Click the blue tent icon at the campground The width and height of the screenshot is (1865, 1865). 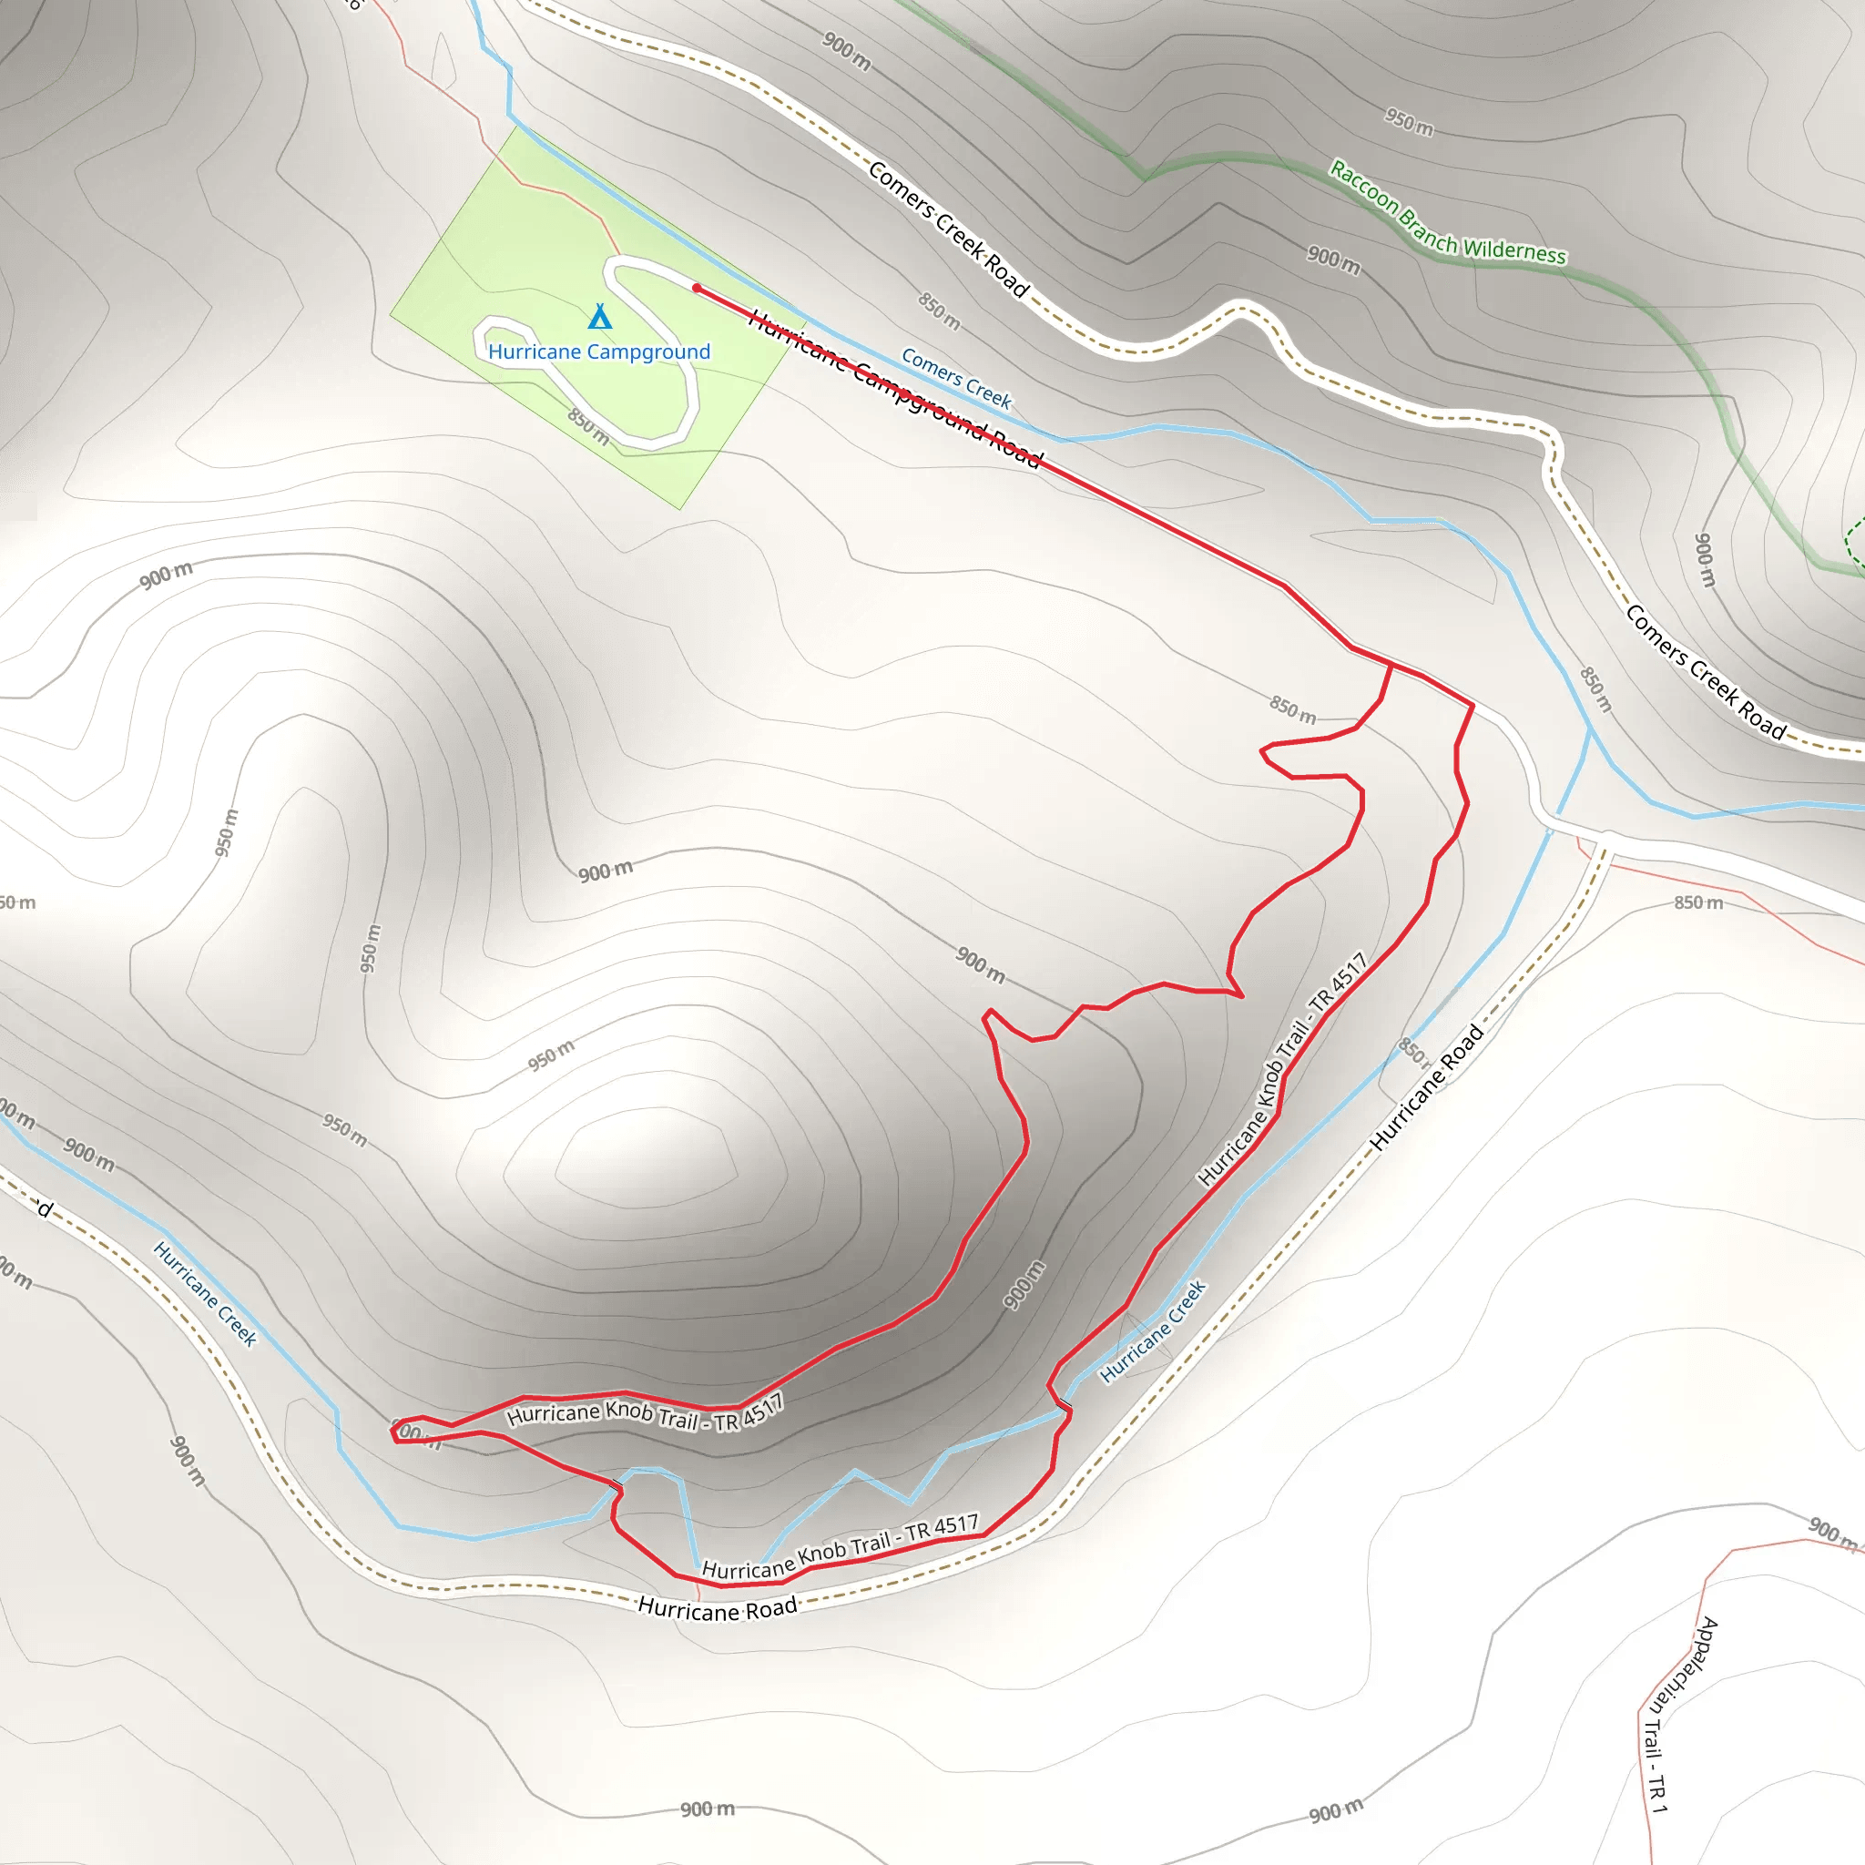tap(599, 317)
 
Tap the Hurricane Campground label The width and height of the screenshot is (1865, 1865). tap(598, 352)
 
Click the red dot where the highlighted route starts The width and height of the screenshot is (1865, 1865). tap(697, 288)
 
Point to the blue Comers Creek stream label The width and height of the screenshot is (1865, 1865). tap(955, 377)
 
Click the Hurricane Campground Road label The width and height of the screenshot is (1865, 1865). tap(895, 389)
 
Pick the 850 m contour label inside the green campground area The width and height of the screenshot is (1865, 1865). tap(588, 425)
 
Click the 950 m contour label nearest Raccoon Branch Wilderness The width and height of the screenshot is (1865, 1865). tap(1409, 122)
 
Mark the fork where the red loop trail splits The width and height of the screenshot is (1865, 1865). tap(1391, 664)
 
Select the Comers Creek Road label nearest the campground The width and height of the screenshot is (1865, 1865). tap(949, 229)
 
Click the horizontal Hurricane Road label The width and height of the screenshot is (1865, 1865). tap(718, 1608)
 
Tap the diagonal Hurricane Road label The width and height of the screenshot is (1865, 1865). tap(1426, 1088)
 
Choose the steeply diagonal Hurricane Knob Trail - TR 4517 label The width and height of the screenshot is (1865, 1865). tap(1282, 1067)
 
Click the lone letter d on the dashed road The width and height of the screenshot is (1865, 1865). tap(46, 1208)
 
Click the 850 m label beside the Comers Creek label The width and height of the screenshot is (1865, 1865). tap(938, 310)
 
